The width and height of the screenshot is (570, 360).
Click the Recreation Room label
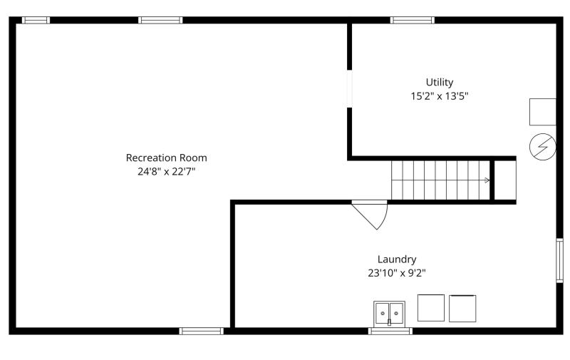tap(167, 158)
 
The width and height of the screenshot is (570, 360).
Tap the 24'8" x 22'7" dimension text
tap(167, 171)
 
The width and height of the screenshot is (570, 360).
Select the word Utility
tap(440, 83)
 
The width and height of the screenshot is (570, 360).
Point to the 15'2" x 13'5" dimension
tap(440, 96)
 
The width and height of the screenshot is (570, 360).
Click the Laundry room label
tap(397, 259)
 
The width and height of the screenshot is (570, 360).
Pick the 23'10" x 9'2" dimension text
tap(397, 273)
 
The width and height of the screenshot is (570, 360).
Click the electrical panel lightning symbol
tap(543, 147)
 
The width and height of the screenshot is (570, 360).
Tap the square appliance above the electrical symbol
tap(543, 112)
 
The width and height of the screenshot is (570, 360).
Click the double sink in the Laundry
tap(389, 313)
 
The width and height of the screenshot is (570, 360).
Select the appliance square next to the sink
tap(431, 308)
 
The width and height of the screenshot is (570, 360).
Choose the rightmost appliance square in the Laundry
tap(462, 309)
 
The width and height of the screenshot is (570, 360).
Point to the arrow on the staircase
tap(487, 180)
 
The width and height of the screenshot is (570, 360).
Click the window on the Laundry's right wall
tap(560, 260)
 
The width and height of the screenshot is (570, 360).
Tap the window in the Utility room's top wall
tap(413, 20)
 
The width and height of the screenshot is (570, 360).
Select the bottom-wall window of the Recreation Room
tap(202, 331)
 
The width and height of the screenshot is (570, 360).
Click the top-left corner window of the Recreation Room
tap(36, 20)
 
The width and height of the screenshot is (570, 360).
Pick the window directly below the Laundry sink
tap(390, 331)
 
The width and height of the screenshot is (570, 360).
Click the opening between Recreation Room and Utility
tap(349, 88)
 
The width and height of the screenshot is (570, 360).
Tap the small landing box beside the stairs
tap(505, 180)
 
